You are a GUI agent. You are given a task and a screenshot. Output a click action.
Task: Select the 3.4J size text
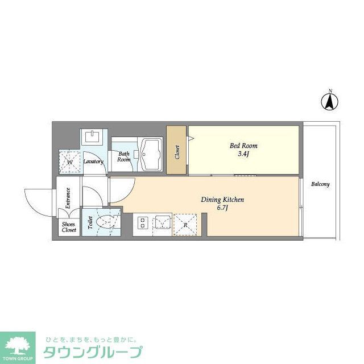(x=241, y=154)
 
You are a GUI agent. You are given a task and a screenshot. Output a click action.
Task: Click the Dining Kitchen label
(x=222, y=200)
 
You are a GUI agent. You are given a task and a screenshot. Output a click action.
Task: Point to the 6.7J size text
(x=222, y=209)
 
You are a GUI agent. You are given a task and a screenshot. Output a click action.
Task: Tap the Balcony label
(x=320, y=184)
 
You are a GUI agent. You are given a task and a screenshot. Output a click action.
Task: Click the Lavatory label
(x=93, y=162)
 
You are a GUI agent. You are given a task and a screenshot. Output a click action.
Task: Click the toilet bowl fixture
(x=106, y=222)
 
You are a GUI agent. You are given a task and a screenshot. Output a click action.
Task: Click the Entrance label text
(x=68, y=198)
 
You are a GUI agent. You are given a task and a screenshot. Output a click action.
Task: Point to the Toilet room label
(x=90, y=223)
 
